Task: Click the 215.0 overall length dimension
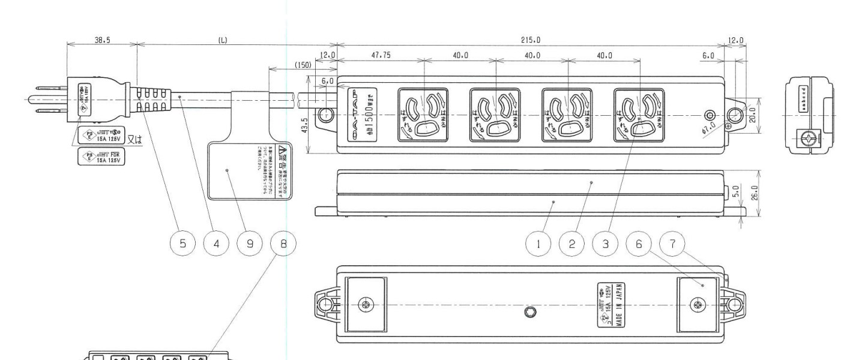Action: coord(531,40)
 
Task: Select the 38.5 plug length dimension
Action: coord(101,39)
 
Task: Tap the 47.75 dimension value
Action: coord(381,55)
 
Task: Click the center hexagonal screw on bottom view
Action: coord(533,312)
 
